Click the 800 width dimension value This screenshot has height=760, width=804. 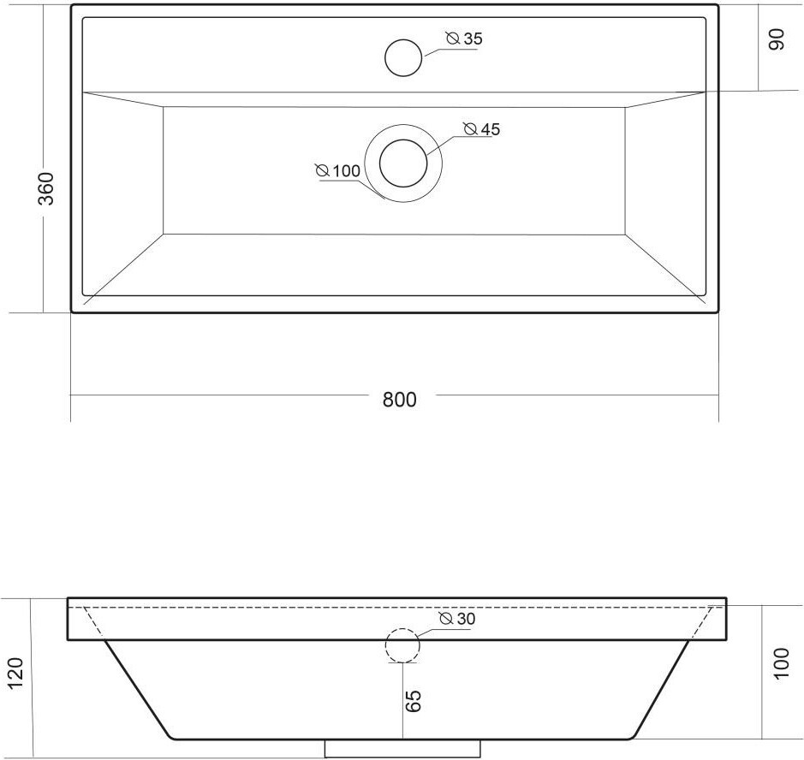(x=400, y=399)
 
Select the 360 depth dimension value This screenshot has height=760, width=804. (x=46, y=188)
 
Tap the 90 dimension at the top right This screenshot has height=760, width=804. (x=777, y=39)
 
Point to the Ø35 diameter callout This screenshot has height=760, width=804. (x=464, y=39)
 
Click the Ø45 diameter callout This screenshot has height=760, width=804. (x=481, y=129)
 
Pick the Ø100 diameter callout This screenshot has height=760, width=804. (x=338, y=170)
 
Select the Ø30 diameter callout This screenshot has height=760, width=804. (x=457, y=619)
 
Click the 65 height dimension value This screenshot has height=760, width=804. (x=414, y=701)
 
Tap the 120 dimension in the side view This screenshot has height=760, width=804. (x=16, y=674)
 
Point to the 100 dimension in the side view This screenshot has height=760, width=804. (x=782, y=663)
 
